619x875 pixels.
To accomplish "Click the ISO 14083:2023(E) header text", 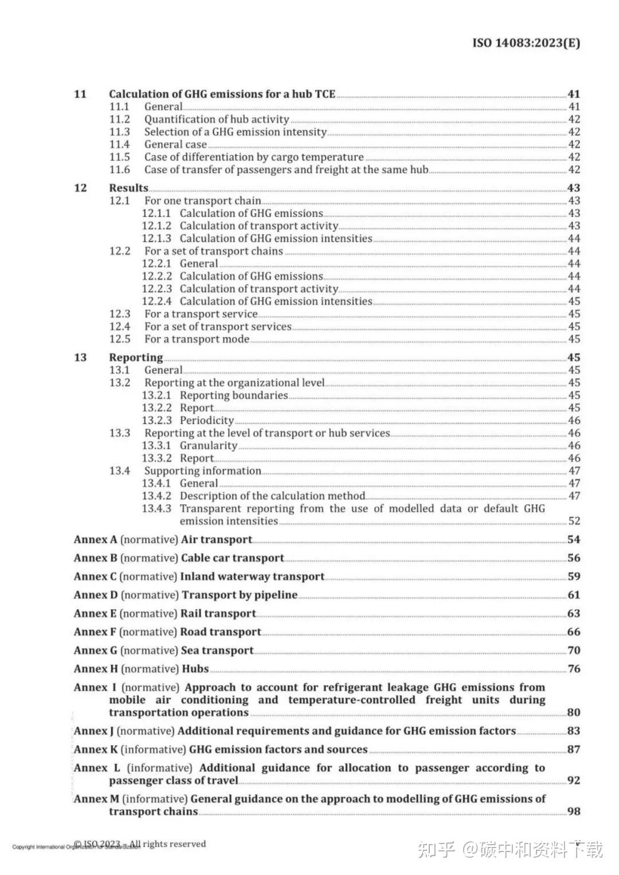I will tap(526, 43).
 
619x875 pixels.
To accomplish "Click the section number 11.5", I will tap(120, 157).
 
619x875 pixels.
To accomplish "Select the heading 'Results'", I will tap(128, 188).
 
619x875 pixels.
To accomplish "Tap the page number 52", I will tap(574, 521).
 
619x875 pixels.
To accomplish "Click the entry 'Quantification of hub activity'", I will tap(216, 119).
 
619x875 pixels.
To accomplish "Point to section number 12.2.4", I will tap(156, 301).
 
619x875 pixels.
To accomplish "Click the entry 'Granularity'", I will tap(208, 446).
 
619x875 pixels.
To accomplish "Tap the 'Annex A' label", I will tap(95, 540).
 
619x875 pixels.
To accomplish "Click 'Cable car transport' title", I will tap(232, 558).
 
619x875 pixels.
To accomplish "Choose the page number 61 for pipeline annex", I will tap(574, 595).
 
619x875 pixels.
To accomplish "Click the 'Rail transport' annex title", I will tap(218, 614).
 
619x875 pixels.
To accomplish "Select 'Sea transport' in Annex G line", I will tap(217, 650).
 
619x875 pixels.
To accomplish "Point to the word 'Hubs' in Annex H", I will tap(195, 669).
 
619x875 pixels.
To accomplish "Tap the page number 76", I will tap(574, 669).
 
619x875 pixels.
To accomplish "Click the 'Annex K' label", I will tap(96, 750).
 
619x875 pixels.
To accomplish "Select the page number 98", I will tap(574, 811).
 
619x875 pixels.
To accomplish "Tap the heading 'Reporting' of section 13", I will tap(136, 358).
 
